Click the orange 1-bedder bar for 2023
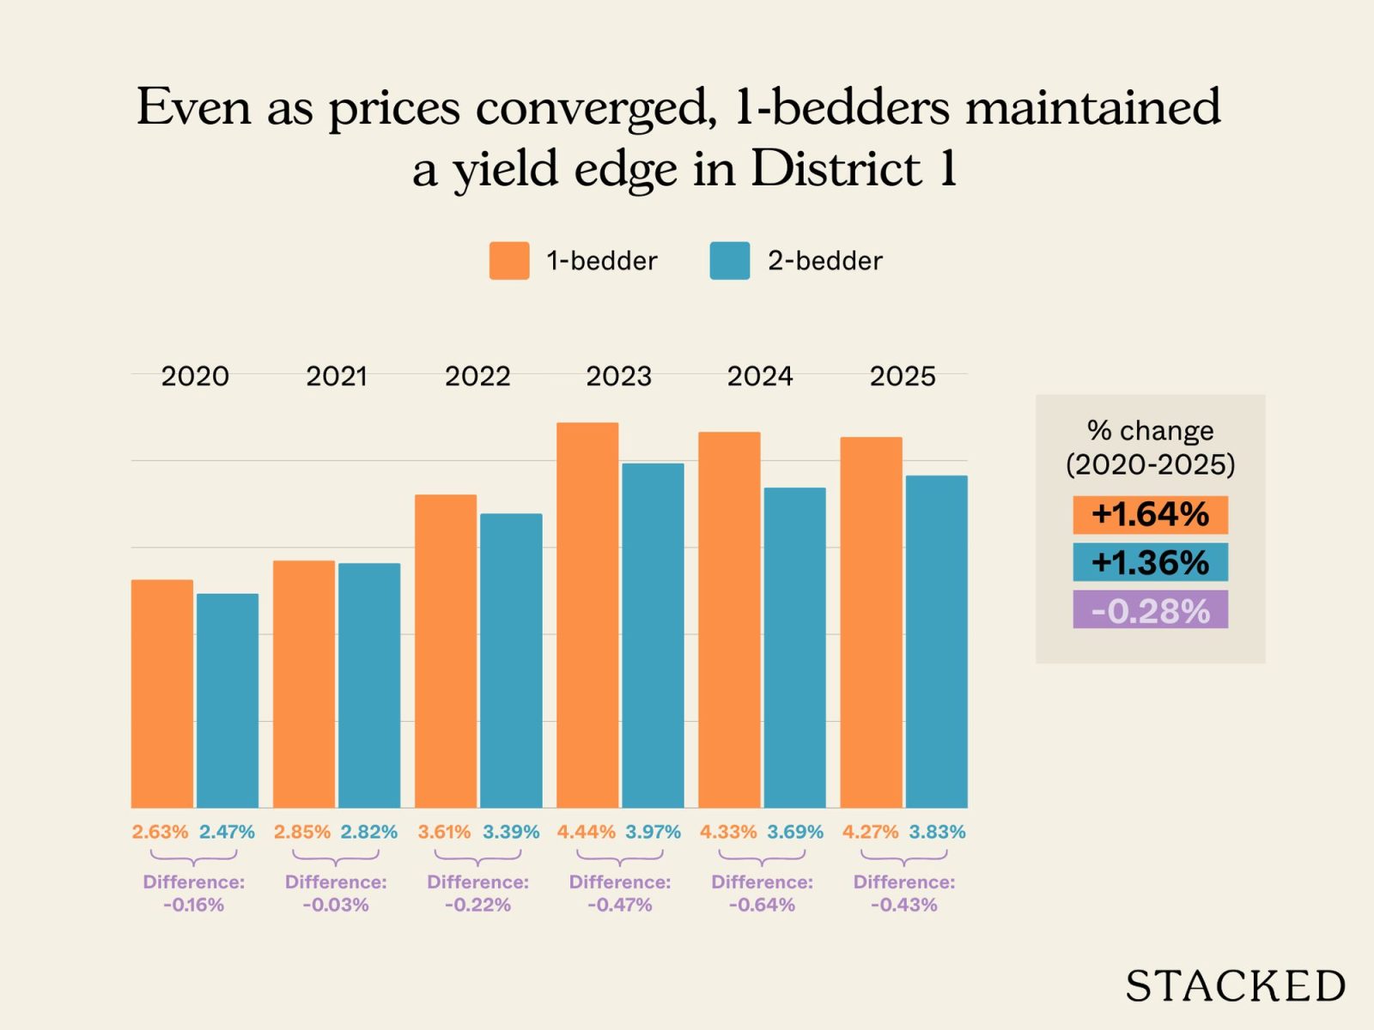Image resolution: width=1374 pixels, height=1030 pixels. tap(587, 615)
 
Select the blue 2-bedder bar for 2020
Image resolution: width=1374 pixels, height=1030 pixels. tap(228, 700)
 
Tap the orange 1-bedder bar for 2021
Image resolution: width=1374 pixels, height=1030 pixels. tap(304, 684)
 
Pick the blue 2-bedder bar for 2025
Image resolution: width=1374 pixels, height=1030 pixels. tap(936, 641)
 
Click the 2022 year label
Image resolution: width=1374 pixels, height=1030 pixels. tap(477, 376)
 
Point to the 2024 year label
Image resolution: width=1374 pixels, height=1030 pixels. tap(760, 376)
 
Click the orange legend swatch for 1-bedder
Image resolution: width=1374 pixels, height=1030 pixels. tap(509, 261)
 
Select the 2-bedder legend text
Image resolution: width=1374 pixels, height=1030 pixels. tap(824, 261)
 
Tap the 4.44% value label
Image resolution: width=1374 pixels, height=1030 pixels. tap(586, 832)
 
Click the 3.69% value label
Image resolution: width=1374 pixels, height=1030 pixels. tap(794, 832)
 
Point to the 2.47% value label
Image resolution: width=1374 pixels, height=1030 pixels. tap(227, 832)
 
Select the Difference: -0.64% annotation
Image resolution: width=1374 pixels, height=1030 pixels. tap(762, 894)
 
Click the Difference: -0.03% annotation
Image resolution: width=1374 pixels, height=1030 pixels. tap(336, 894)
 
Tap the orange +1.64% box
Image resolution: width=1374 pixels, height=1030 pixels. tap(1150, 515)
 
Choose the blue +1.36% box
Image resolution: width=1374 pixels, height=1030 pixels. tap(1150, 562)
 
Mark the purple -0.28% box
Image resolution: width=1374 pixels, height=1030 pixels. tap(1150, 610)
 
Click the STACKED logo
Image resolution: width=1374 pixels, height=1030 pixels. tap(1235, 986)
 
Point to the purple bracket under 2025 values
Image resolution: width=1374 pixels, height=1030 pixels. tap(903, 857)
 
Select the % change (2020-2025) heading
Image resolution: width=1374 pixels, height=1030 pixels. tap(1150, 447)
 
